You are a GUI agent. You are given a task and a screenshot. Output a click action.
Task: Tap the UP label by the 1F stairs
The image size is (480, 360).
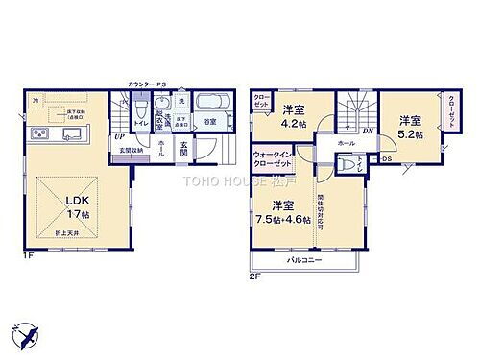120,136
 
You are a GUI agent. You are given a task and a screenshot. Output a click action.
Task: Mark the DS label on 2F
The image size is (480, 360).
387,159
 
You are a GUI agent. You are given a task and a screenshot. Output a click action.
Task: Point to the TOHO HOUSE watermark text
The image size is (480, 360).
235,180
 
